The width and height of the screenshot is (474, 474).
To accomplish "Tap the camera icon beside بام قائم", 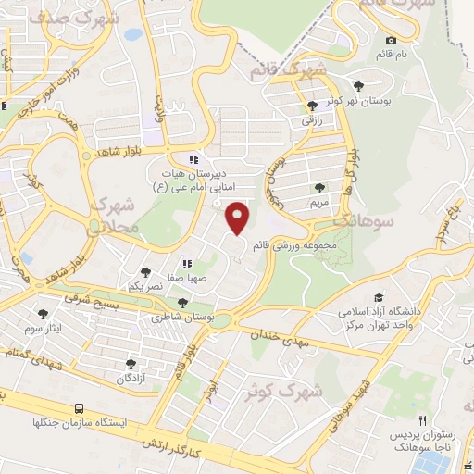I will [x=392, y=40].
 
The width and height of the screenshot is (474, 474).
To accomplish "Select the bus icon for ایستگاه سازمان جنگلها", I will [x=79, y=407].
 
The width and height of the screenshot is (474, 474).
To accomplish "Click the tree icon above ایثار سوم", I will [x=43, y=315].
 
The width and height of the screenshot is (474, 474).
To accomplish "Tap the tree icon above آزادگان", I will [x=130, y=364].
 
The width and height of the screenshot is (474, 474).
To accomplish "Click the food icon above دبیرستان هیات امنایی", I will [x=193, y=158].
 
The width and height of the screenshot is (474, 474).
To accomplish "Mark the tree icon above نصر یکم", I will [x=144, y=272].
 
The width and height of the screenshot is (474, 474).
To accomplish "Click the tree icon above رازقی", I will [x=311, y=106].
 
